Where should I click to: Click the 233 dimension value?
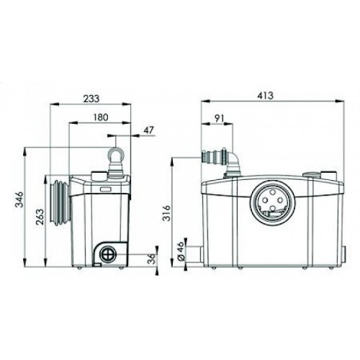(91, 99)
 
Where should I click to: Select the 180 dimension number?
(101, 117)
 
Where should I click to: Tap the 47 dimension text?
(148, 130)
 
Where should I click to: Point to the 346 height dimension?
(19, 199)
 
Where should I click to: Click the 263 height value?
(40, 217)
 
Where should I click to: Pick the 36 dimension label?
(151, 258)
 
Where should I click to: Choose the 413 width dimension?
(265, 96)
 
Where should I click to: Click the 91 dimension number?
(219, 118)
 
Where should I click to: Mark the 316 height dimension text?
(166, 213)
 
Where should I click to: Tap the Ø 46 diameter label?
(181, 251)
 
